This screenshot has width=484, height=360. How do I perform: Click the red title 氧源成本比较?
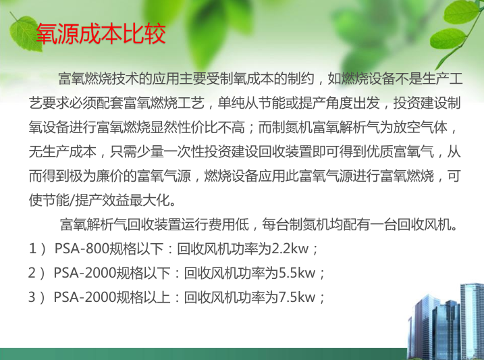(101, 34)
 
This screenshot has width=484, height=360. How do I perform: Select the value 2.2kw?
(290, 249)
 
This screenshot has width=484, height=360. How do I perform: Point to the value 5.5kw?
(297, 273)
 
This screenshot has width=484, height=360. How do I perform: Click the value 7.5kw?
(297, 297)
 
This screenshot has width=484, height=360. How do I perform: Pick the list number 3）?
(36, 297)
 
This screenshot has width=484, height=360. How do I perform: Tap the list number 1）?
(37, 249)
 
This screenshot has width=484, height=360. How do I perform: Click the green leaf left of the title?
(25, 33)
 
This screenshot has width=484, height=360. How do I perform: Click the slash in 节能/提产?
(72, 201)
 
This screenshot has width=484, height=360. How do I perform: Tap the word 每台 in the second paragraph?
(275, 225)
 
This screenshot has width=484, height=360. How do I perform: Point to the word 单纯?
(231, 103)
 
